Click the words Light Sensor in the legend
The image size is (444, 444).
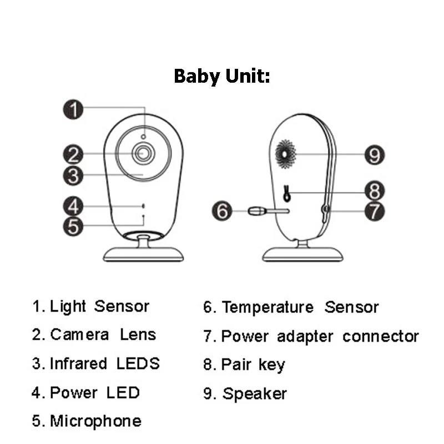click(100, 306)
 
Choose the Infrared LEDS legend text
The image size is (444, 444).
click(104, 364)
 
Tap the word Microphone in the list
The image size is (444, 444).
click(95, 421)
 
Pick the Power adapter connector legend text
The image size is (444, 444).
click(320, 336)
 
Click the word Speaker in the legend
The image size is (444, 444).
click(255, 394)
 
